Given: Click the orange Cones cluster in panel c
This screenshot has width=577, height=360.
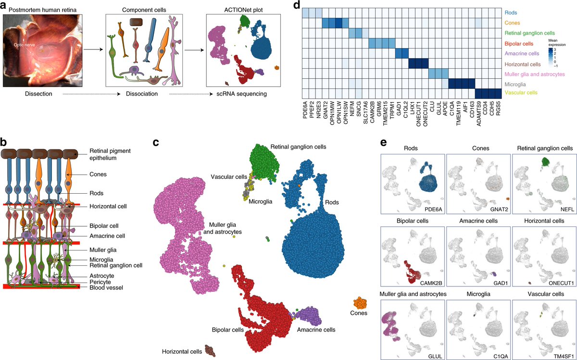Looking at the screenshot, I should [360, 303].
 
